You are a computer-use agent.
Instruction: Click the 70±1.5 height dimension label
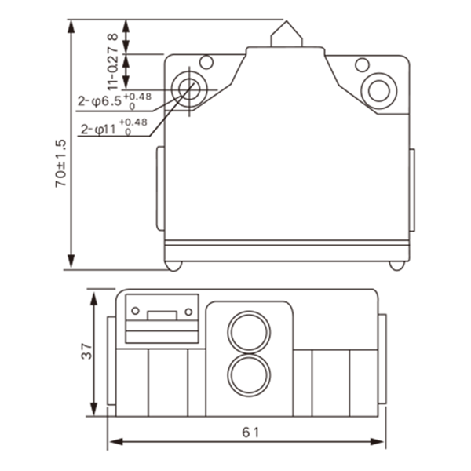60,163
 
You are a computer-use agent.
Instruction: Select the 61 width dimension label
251,433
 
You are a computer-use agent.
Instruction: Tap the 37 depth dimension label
87,351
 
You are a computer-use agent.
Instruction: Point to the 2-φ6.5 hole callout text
100,101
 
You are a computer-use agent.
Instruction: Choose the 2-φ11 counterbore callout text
99,130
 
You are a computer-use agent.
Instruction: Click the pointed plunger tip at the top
287,21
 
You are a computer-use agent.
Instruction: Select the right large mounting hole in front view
379,91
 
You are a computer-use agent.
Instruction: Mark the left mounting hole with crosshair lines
189,89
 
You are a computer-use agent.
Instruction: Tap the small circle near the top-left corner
206,62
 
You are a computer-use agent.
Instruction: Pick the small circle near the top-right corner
362,65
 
